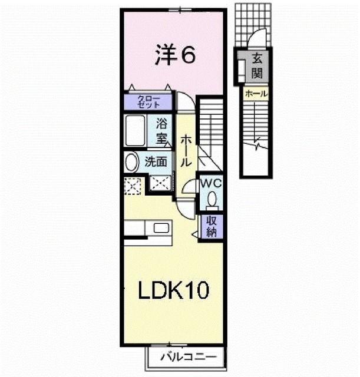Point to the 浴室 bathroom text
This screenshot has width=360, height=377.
coord(161,131)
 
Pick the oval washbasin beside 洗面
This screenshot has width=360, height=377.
coord(132,162)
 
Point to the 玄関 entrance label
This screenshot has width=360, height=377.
coord(257,66)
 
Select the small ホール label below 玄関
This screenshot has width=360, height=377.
coord(256,93)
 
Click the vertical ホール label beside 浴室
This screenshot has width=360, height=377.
coord(185,149)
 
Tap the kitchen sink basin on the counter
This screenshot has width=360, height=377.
coord(160,228)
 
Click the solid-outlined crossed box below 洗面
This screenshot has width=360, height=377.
coord(160,184)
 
